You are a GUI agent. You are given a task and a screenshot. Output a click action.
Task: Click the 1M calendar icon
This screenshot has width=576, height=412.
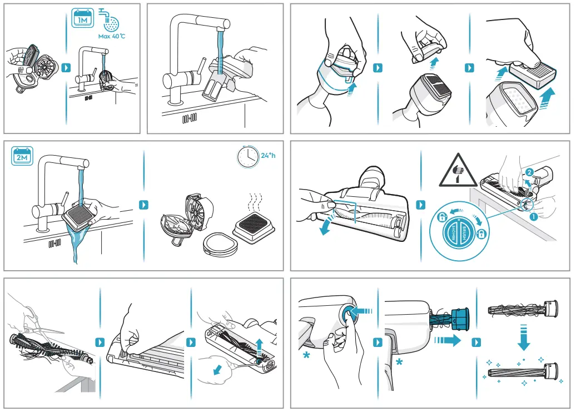82,18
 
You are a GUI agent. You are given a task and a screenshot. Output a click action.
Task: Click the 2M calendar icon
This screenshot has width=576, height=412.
23,156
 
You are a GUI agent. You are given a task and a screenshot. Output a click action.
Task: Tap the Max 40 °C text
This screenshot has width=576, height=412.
112,36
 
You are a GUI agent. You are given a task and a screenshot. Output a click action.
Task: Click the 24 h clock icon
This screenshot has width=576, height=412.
247,157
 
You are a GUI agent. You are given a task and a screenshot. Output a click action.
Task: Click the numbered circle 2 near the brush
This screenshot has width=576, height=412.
529,172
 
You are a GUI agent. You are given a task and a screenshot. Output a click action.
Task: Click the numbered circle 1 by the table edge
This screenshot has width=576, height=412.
534,217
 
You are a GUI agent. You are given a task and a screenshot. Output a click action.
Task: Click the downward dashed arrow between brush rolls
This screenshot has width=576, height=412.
523,339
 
